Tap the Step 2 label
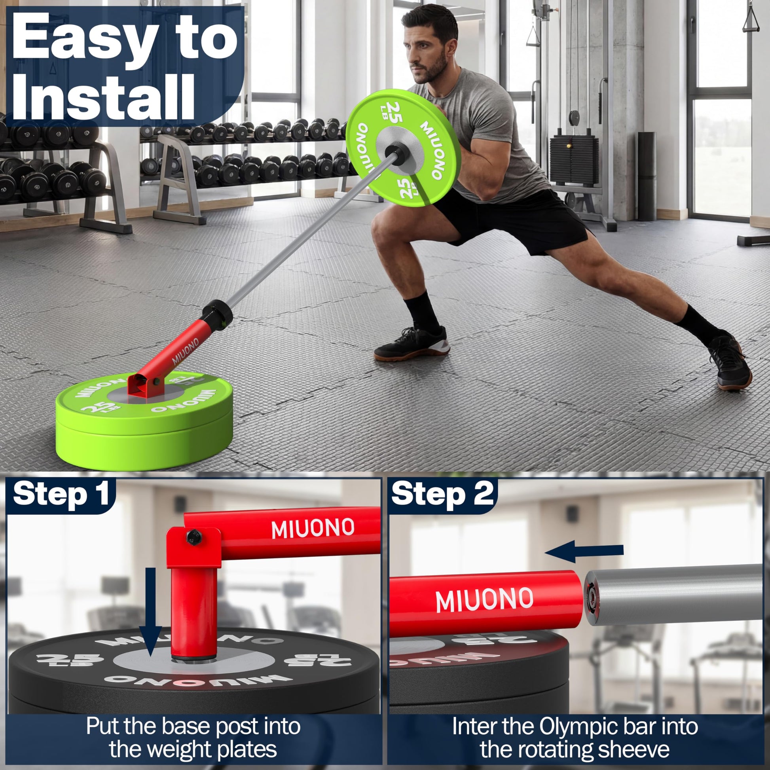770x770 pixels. click(442, 494)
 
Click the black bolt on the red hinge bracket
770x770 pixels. click(194, 538)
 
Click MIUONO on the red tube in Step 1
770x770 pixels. click(313, 529)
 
